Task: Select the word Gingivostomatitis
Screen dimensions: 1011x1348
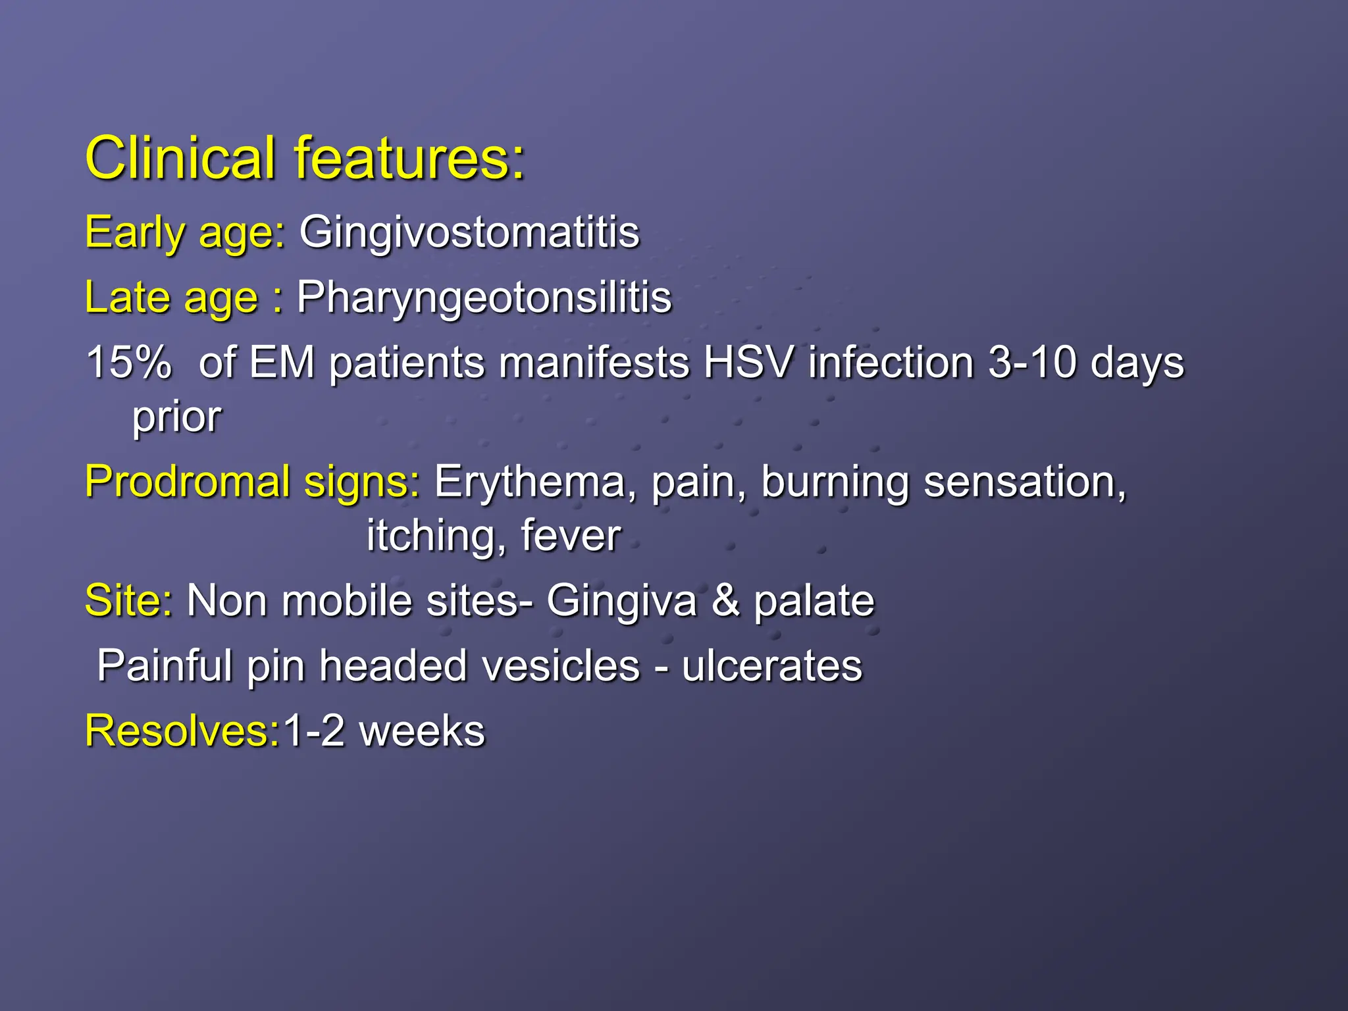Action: click(x=469, y=232)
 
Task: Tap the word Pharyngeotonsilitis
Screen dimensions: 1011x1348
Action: click(x=484, y=298)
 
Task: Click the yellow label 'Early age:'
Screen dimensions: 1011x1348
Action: click(x=185, y=232)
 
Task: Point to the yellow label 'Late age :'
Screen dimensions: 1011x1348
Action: click(x=184, y=298)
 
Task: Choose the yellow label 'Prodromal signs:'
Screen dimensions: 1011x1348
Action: click(x=252, y=482)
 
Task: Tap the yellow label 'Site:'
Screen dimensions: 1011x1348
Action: click(x=129, y=600)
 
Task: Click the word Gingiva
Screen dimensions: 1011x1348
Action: click(x=621, y=600)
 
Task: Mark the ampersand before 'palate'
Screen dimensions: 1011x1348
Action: click(x=725, y=600)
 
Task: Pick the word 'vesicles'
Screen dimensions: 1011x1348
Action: click(x=561, y=665)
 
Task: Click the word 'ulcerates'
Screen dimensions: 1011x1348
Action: click(x=771, y=665)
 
